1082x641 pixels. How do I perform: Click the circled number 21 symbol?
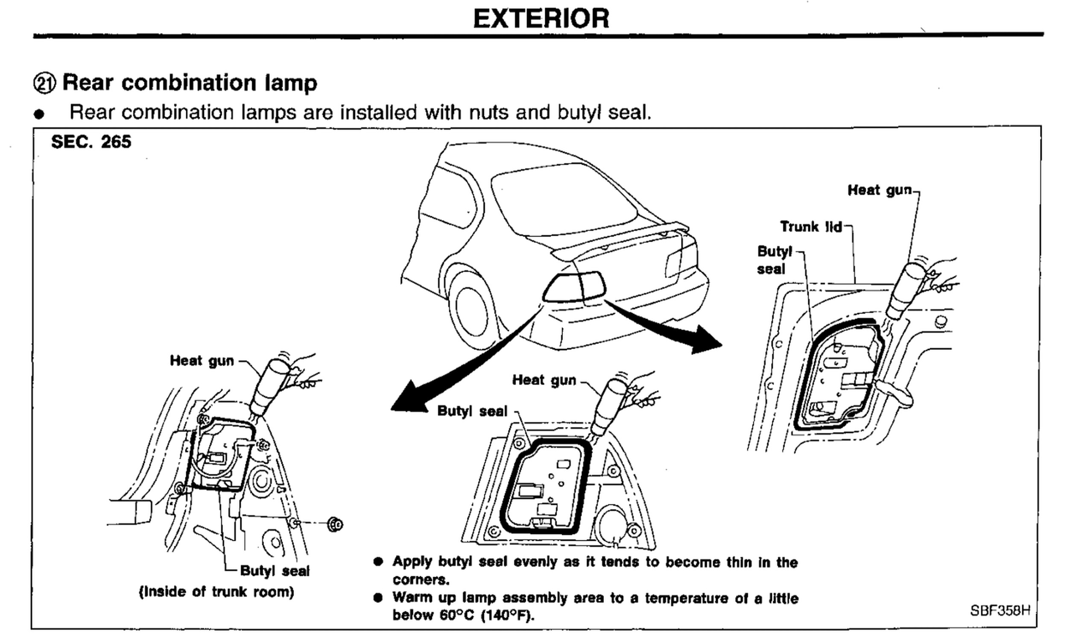coord(44,83)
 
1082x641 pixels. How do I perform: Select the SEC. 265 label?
coord(91,142)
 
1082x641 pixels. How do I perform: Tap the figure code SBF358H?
coord(1000,610)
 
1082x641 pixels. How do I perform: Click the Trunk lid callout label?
coord(810,227)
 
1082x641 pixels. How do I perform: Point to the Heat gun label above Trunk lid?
coord(879,190)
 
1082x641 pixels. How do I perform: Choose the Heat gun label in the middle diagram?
coord(544,380)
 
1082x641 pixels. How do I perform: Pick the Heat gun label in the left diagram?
coord(202,361)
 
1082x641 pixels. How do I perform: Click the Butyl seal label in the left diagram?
coord(275,571)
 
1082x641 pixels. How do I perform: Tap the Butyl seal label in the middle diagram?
coord(472,411)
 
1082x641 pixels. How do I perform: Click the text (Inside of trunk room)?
coord(216,592)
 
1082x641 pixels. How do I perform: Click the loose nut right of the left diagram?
coord(335,524)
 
